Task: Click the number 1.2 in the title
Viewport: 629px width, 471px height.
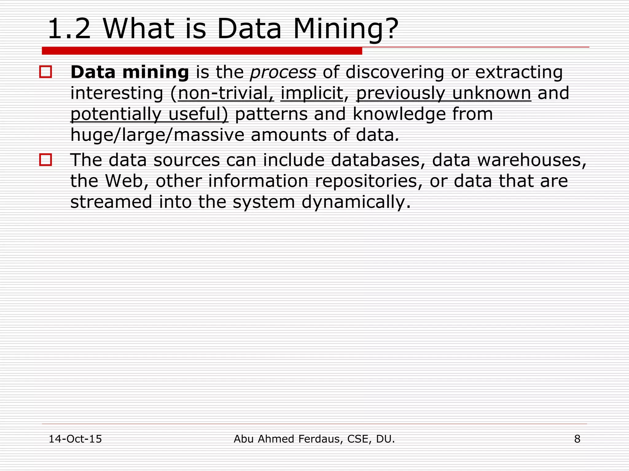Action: (x=69, y=29)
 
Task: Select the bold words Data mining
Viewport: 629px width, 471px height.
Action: (x=130, y=72)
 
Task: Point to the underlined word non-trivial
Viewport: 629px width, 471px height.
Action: (x=225, y=93)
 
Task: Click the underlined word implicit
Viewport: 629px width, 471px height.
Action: (x=312, y=93)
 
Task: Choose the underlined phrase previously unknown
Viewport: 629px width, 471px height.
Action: (x=443, y=93)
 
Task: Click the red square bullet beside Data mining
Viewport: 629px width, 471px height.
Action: (x=45, y=72)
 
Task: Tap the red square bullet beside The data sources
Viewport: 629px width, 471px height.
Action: (x=45, y=160)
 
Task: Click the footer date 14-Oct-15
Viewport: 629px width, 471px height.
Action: (x=75, y=439)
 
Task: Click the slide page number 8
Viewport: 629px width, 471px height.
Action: (x=577, y=439)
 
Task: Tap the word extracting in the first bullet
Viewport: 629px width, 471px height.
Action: (x=519, y=72)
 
